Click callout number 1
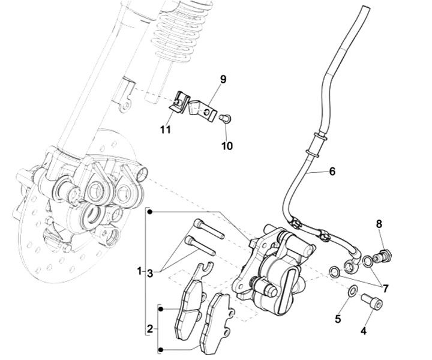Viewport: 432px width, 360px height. tap(139, 271)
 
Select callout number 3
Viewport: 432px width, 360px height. tap(150, 273)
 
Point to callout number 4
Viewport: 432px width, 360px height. tap(363, 330)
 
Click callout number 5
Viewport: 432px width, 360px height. tap(338, 319)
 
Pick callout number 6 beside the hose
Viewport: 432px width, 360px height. tap(332, 172)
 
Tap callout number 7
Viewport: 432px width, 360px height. tap(385, 289)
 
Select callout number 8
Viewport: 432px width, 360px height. tap(379, 224)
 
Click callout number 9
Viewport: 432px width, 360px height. tap(223, 79)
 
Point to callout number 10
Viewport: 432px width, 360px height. tap(227, 146)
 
